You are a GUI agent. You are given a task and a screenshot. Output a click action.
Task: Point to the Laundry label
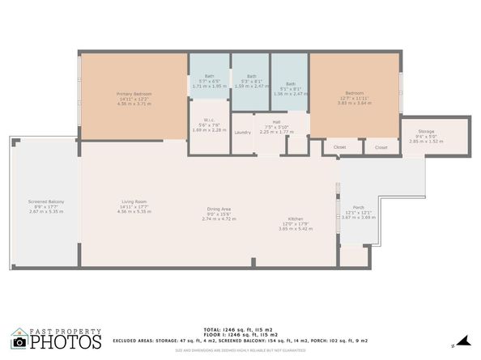pos(241,132)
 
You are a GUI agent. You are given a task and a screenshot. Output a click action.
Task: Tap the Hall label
pos(276,122)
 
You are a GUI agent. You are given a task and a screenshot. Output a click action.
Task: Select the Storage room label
pos(426,131)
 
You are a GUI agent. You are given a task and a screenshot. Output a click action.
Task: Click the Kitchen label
pos(296,218)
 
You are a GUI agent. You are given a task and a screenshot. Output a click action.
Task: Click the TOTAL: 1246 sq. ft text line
pos(240,330)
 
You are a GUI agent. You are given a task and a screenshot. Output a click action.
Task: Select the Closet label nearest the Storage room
pos(381,147)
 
